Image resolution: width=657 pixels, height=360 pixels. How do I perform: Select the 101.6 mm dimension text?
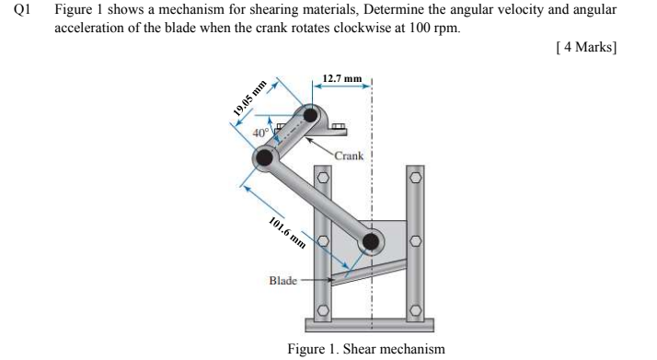287,235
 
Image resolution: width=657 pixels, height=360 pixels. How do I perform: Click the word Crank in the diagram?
349,156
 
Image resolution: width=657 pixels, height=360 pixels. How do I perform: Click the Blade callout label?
283,279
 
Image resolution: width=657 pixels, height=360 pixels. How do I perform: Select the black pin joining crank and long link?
265,157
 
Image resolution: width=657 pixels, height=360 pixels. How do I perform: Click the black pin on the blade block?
371,242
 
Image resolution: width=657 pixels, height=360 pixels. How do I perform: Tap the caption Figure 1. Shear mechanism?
365,349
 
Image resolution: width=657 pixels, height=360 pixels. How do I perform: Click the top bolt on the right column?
415,175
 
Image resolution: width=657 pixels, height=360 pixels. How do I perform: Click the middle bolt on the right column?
415,242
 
